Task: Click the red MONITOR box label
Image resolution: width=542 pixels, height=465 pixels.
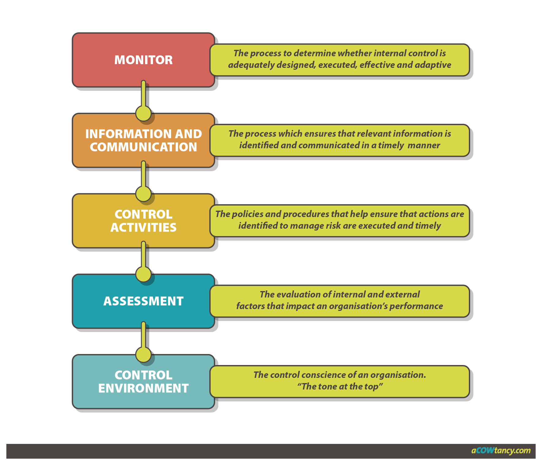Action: point(144,60)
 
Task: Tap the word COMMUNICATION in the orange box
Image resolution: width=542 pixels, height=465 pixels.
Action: point(144,147)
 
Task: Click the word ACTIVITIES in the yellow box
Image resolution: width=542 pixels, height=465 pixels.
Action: point(144,227)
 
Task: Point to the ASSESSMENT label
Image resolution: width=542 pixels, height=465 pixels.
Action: point(144,301)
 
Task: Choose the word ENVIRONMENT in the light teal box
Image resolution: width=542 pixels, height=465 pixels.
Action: point(144,388)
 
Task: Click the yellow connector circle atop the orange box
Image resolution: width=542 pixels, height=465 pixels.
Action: point(144,113)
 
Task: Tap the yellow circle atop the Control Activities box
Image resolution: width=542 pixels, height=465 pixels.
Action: point(144,194)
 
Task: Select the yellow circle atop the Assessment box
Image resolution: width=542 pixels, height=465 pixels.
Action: point(144,274)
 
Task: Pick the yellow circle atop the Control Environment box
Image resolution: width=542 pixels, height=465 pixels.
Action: point(144,355)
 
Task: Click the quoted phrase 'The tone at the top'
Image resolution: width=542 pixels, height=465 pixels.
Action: point(340,387)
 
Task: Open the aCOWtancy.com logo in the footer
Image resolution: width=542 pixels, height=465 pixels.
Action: point(501,451)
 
